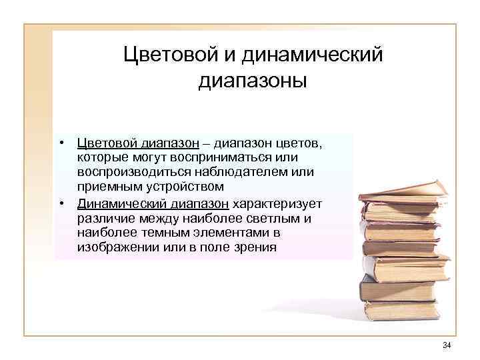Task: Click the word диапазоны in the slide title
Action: click(253, 81)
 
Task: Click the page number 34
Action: click(447, 345)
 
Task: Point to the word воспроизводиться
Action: click(134, 171)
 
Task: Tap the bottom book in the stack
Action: click(400, 310)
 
